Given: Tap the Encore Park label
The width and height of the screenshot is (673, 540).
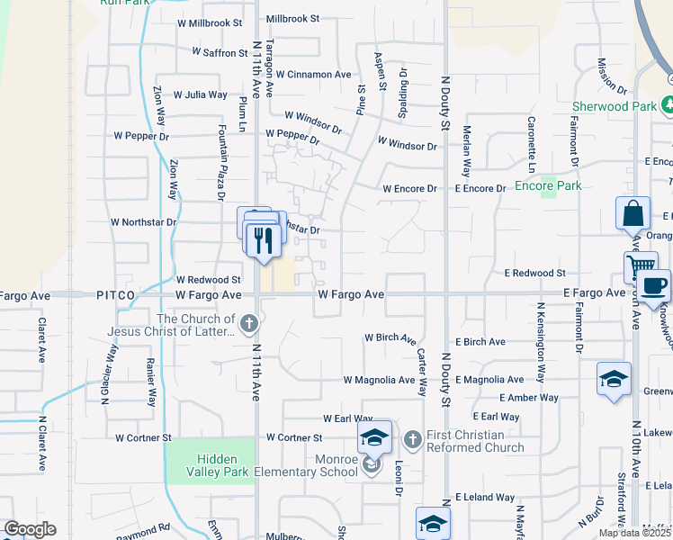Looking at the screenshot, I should click(548, 186).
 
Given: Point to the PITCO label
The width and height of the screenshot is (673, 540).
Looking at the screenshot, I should click(117, 294).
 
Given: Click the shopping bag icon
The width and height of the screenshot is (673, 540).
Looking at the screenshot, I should click(633, 215).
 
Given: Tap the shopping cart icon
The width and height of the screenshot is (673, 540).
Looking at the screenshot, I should click(641, 267).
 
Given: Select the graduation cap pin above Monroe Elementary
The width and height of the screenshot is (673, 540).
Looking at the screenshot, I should click(374, 438).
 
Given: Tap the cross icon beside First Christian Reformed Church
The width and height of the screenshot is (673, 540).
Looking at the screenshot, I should click(412, 439).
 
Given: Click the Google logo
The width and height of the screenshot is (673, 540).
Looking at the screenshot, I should click(30, 529).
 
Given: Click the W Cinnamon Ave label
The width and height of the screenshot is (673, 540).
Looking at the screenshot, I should click(312, 75).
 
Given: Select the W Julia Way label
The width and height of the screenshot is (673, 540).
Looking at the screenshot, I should click(200, 94).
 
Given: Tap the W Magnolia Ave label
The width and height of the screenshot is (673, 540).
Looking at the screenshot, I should click(378, 380).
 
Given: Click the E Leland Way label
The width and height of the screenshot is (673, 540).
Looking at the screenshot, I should click(485, 497).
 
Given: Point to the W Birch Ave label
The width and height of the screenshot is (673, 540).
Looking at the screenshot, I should click(390, 339).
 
